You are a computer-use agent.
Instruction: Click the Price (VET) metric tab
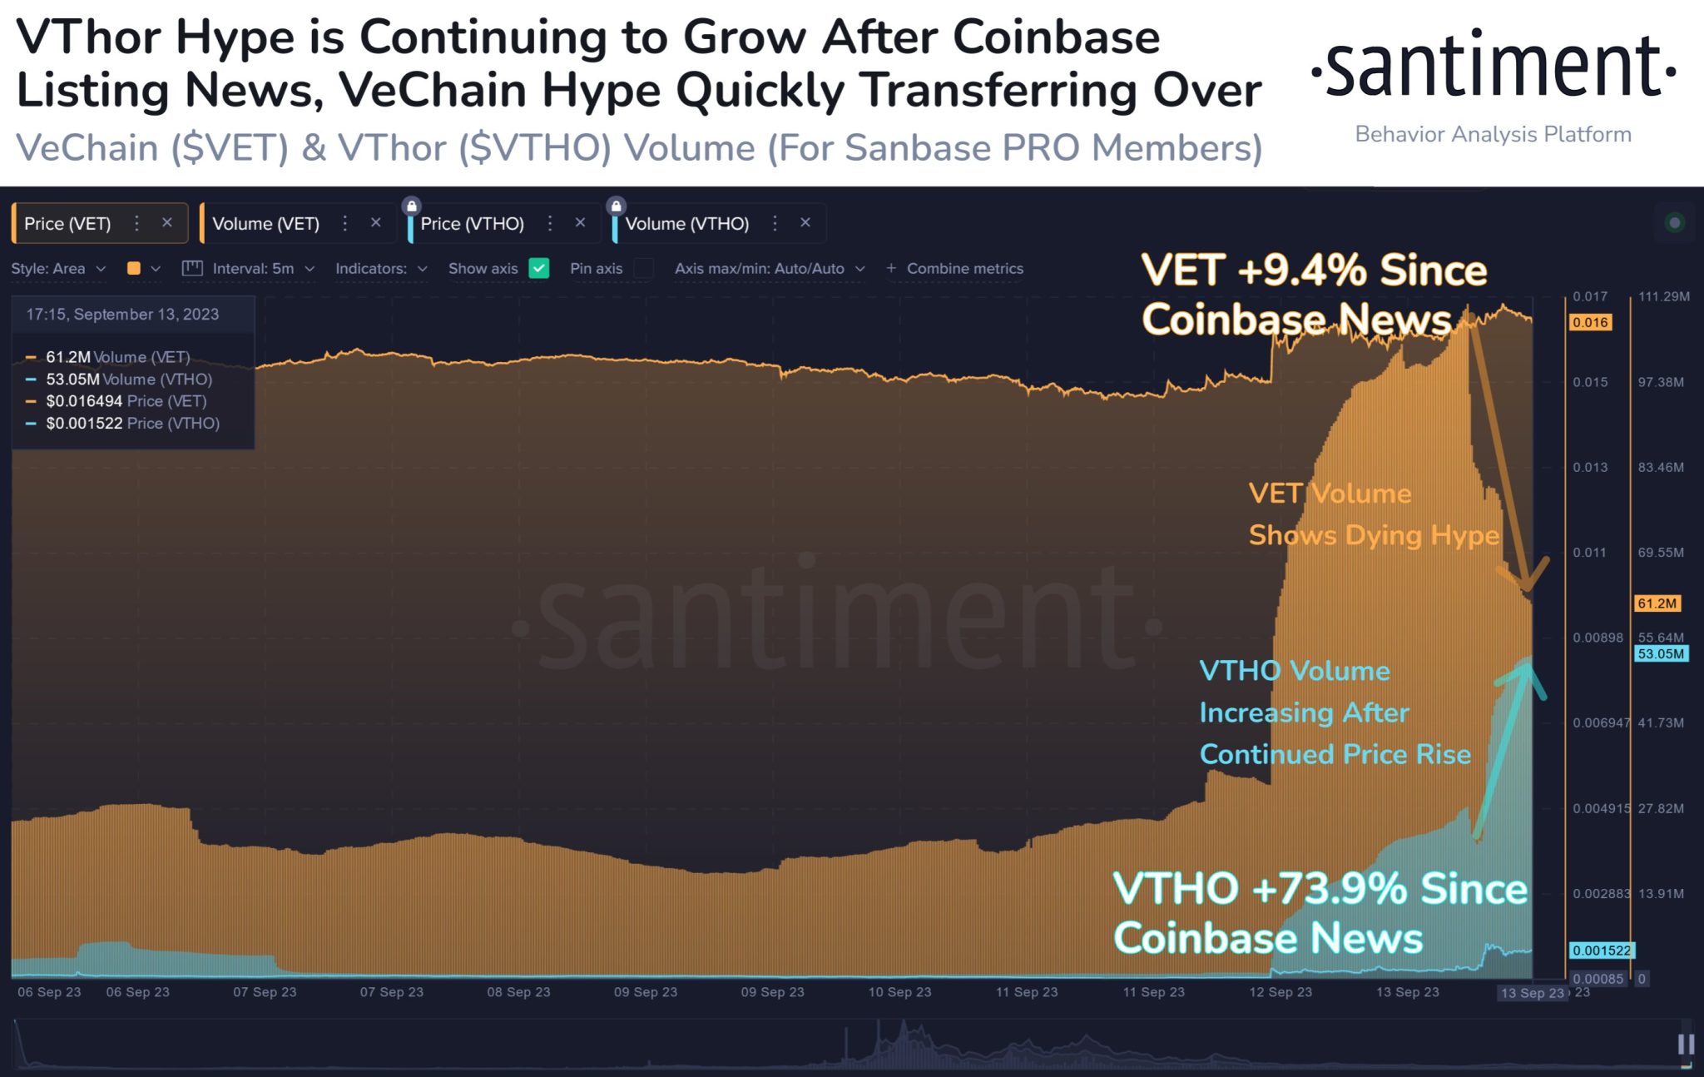tap(67, 223)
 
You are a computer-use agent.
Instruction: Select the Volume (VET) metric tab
tap(265, 223)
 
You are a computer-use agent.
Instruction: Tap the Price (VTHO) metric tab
tap(472, 223)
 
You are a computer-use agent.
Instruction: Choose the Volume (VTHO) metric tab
tap(686, 223)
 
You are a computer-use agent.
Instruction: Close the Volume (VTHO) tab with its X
tap(805, 222)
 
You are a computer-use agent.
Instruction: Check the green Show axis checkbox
tap(539, 268)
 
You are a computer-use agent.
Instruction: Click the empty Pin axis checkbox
tap(643, 268)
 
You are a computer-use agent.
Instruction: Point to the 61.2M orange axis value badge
tap(1656, 603)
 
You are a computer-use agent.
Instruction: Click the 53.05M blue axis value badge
tap(1661, 653)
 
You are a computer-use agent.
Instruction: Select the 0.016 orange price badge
tap(1589, 322)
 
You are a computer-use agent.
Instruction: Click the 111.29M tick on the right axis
tap(1663, 296)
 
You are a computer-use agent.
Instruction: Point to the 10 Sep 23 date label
tap(899, 992)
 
